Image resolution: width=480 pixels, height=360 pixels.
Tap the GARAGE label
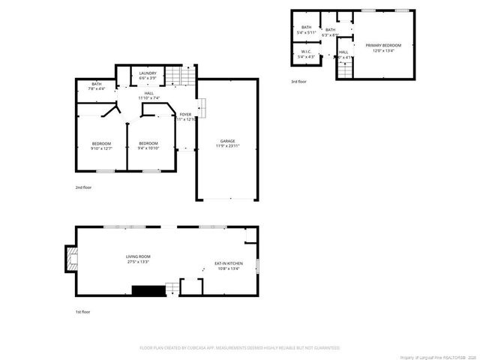tap(228, 142)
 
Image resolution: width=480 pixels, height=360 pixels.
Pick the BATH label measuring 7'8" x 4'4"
tap(97, 85)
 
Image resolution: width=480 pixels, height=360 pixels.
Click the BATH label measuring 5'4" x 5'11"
tap(306, 29)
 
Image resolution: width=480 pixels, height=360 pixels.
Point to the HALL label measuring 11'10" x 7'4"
tap(150, 95)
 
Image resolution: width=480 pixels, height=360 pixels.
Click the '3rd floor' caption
tap(298, 82)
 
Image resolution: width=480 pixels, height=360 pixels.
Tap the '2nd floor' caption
tap(82, 187)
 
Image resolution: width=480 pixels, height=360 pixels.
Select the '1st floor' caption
tap(82, 311)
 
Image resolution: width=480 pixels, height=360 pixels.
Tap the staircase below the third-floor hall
tap(345, 70)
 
